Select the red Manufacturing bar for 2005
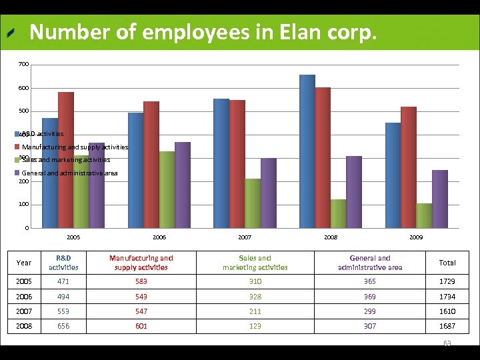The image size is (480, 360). (66, 160)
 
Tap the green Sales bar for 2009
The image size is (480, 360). (424, 215)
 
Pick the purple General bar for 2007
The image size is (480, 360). (269, 193)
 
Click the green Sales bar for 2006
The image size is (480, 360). (167, 189)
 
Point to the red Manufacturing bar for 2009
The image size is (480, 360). (409, 167)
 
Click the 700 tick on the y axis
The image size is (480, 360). (24, 64)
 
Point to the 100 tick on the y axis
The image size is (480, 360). (24, 204)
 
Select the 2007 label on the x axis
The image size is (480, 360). (245, 237)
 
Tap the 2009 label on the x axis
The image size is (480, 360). (416, 237)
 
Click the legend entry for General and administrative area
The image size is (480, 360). (69, 173)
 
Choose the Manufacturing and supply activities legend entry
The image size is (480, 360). (75, 147)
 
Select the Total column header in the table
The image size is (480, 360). (447, 263)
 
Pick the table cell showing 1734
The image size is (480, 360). (447, 297)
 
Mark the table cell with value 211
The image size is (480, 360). (255, 311)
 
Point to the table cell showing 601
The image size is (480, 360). (141, 326)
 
